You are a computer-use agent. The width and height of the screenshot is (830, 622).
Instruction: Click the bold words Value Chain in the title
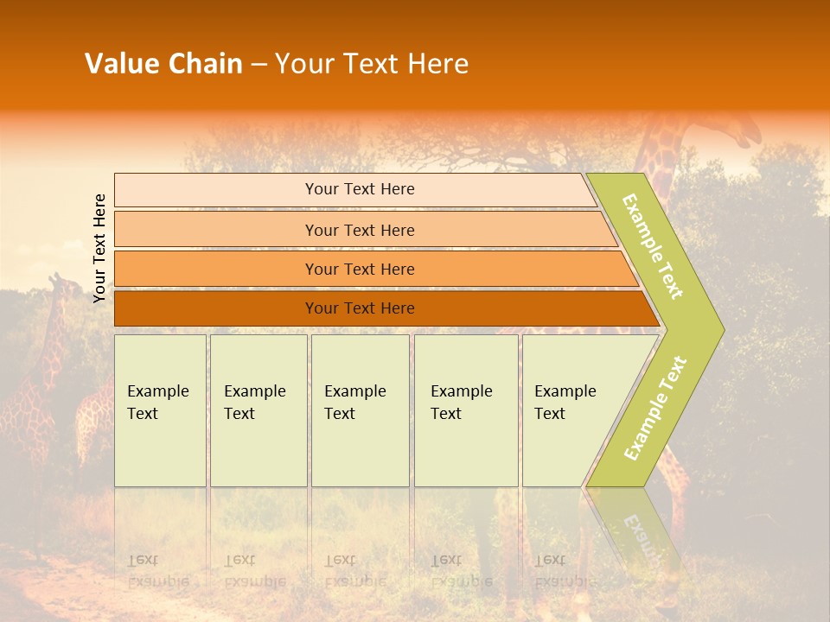coord(163,64)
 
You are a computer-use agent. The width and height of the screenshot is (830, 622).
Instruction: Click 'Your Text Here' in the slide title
coord(372,64)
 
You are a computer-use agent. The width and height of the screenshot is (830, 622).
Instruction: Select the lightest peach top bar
coord(354,189)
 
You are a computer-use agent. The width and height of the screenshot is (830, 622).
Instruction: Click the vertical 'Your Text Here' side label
coord(99,248)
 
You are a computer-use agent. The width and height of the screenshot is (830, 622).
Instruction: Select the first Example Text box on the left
coord(160,410)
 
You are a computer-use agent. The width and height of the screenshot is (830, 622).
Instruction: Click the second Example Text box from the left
coord(259,410)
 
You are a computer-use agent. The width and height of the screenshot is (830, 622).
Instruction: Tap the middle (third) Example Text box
coord(360,410)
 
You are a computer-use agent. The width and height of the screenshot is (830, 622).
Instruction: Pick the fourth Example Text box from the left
coord(466,410)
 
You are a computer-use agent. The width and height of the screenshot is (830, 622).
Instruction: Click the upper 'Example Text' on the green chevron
coord(654,246)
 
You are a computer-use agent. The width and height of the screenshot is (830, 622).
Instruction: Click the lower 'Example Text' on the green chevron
coord(655,408)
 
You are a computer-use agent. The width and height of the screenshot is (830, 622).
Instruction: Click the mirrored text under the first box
coord(158,570)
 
